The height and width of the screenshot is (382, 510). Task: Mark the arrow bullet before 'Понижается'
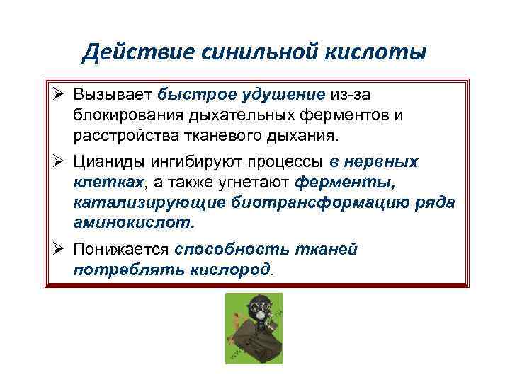60,250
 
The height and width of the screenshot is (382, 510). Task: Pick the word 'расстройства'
118,134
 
